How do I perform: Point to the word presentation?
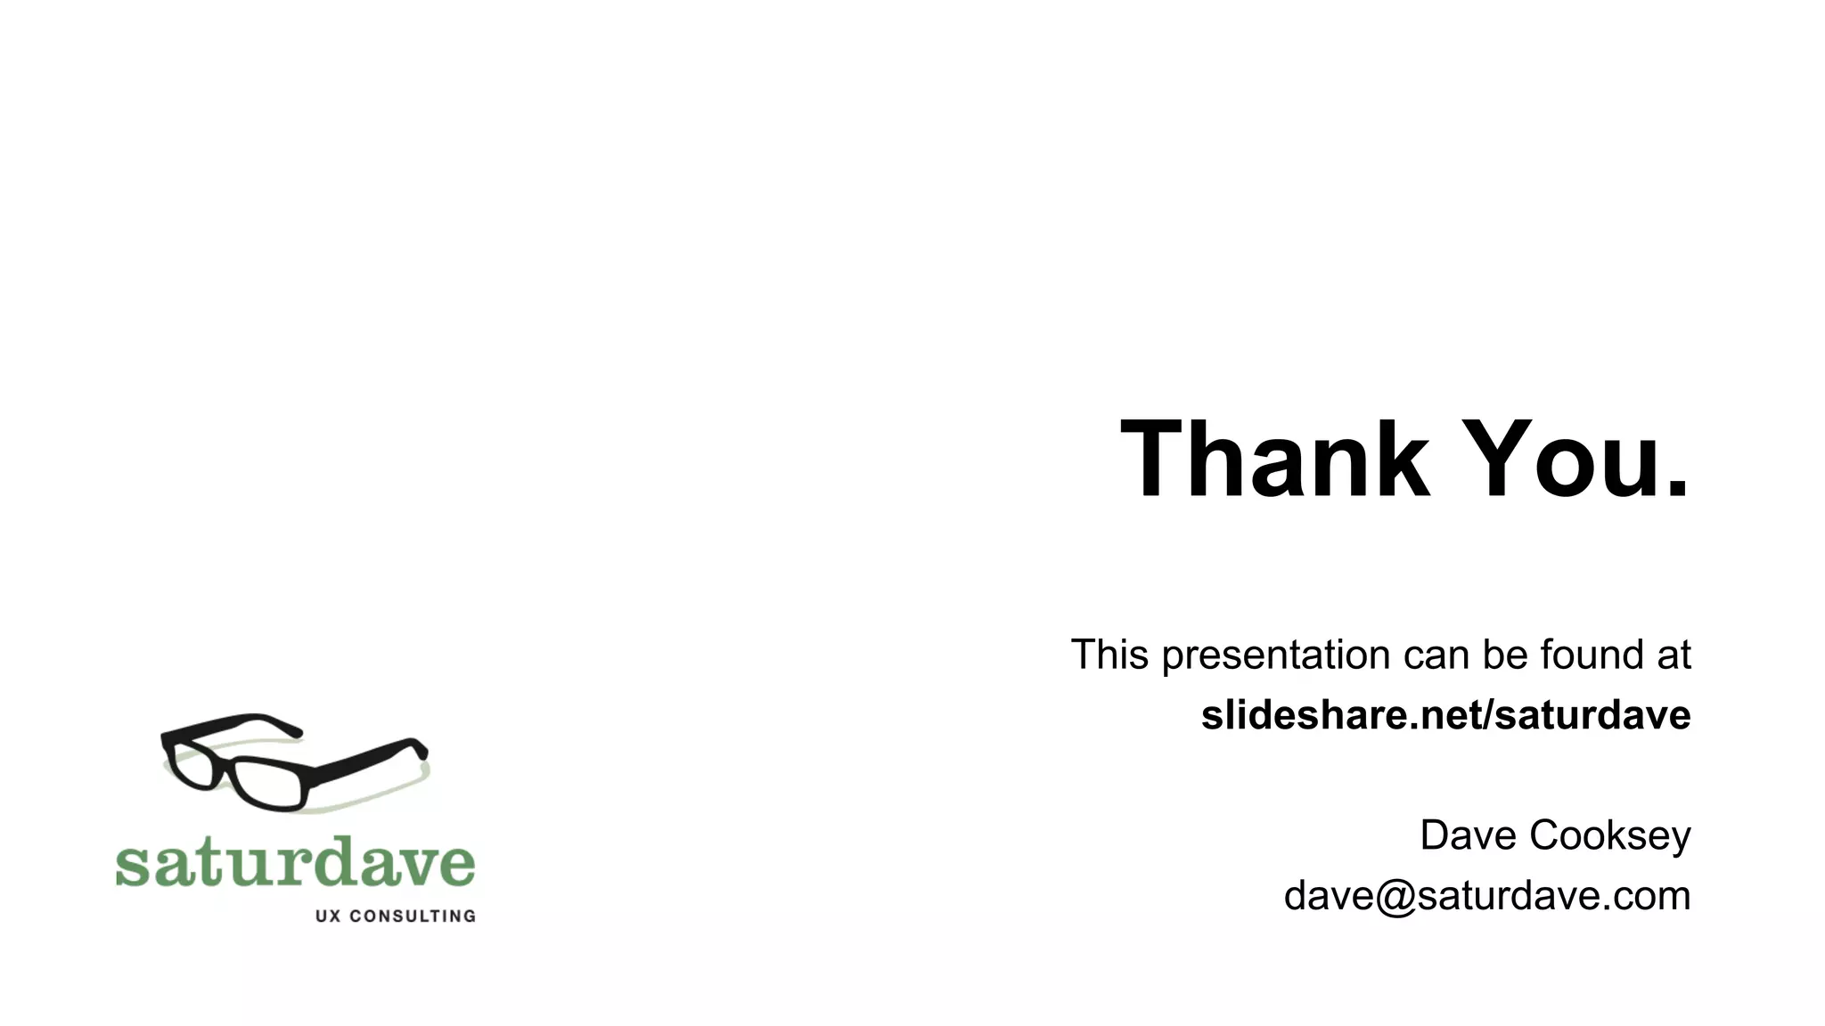click(x=1277, y=656)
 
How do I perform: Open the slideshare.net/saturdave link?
click(x=1445, y=715)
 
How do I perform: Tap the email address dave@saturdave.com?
click(x=1486, y=896)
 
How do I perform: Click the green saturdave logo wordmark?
click(x=295, y=862)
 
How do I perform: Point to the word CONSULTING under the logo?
click(x=412, y=916)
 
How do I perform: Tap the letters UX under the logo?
click(x=328, y=916)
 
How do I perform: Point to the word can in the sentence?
click(x=1436, y=655)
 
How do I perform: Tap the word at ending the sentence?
click(x=1673, y=655)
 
